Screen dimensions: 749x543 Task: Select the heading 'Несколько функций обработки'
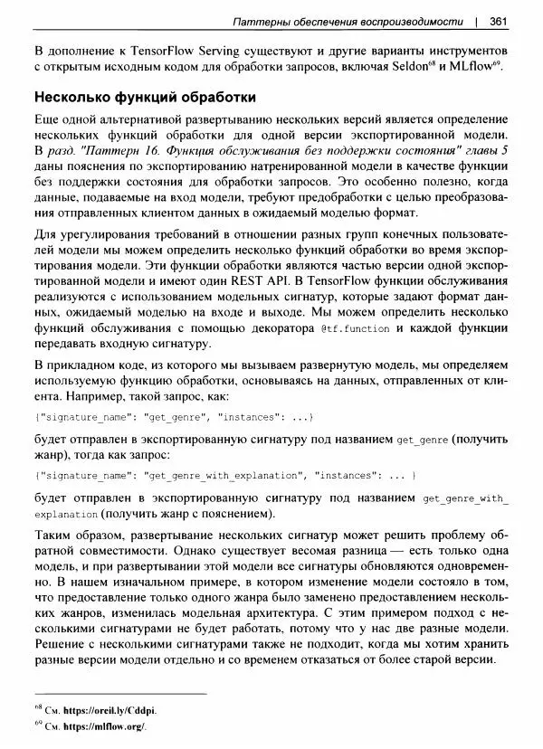[x=145, y=97]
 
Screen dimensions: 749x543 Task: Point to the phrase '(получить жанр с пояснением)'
[x=181, y=515]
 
